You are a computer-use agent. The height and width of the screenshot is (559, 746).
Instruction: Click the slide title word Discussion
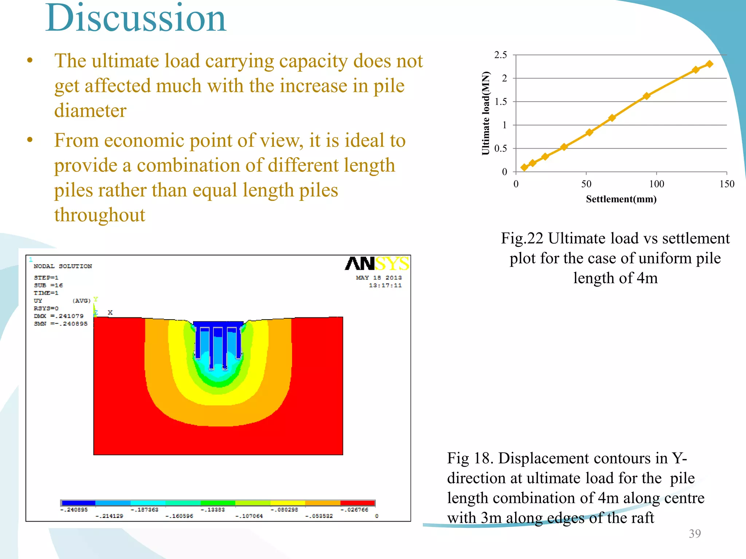tap(136, 18)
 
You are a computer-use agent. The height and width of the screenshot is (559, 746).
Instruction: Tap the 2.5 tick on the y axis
tap(500, 55)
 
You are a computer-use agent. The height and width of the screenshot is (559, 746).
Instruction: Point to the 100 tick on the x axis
tap(656, 184)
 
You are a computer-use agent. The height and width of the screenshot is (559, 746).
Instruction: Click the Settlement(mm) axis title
tap(621, 199)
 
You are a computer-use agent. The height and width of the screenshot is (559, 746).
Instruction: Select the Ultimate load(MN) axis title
tap(486, 113)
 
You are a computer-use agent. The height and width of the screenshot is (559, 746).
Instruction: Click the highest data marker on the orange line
tap(709, 64)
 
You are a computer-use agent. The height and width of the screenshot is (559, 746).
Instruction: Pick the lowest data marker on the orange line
tap(524, 167)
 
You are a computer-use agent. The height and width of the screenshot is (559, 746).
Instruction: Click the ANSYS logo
tap(377, 263)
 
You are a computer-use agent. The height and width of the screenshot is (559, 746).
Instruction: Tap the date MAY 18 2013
tap(379, 278)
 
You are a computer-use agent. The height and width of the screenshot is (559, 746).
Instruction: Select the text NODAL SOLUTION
tap(63, 266)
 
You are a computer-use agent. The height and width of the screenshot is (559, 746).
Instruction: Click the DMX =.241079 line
tap(59, 316)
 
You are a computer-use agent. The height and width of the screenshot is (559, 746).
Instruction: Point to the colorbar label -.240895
tap(74, 510)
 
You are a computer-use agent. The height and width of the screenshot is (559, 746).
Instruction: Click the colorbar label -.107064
tap(249, 516)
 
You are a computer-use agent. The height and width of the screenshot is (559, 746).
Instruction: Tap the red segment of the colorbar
tap(357, 503)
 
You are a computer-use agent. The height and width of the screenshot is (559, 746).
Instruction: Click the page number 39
tap(695, 534)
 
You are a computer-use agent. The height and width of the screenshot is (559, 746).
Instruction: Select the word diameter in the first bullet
tap(90, 110)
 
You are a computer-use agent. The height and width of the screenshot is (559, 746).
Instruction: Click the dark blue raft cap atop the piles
tap(218, 324)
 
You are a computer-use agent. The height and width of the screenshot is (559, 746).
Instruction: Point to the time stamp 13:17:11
tap(385, 285)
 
